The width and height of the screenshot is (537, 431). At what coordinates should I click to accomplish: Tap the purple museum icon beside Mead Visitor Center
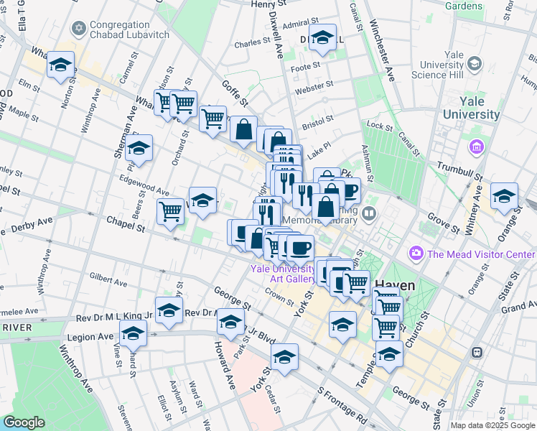tap(415, 254)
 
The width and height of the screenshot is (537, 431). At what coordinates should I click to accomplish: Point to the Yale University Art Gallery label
tap(282, 274)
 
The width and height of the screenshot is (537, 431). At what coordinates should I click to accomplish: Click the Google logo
tap(23, 422)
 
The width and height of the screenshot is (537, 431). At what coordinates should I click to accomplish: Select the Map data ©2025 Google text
tap(492, 425)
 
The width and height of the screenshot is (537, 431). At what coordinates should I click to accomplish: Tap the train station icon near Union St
tap(475, 353)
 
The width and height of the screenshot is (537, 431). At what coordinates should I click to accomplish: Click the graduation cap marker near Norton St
tap(61, 65)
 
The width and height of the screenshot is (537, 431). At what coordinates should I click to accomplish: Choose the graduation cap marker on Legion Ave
tap(133, 333)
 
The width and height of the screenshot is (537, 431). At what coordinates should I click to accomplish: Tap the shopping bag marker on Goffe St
tap(243, 129)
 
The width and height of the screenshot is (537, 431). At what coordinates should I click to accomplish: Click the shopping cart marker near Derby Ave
tap(170, 211)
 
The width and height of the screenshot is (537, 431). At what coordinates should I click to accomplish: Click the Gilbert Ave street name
tap(108, 277)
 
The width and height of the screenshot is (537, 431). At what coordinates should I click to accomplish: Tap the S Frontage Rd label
tap(342, 406)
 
